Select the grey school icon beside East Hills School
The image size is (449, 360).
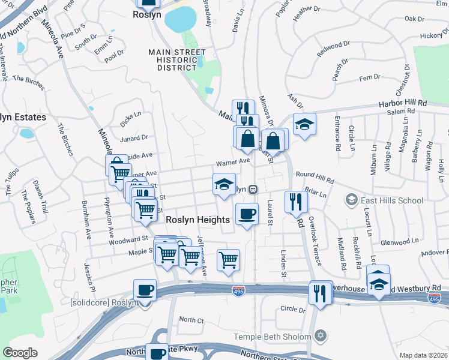pos(352,199)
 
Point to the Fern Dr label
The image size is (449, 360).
pos(369,77)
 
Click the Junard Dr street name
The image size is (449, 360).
pos(133,138)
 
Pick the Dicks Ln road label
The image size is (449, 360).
pos(130,118)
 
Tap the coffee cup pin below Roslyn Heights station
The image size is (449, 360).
pos(247,214)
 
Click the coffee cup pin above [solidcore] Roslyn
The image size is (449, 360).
pos(145,290)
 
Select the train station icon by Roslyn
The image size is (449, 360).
pos(253,189)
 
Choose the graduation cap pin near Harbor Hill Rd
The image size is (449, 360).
pos(304,124)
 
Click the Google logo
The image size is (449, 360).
pos(19,353)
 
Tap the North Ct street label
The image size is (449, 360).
pos(191,319)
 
